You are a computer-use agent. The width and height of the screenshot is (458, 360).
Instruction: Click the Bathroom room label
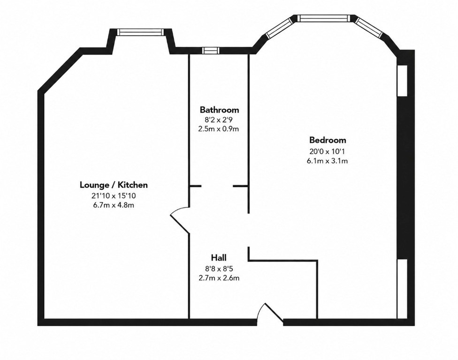click(219, 110)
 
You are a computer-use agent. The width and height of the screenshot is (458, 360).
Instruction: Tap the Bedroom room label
click(328, 140)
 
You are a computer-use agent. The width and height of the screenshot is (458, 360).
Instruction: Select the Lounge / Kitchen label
click(114, 185)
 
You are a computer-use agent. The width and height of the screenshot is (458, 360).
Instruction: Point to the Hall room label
click(219, 258)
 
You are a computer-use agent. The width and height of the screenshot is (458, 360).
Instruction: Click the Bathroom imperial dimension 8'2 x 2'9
click(219, 120)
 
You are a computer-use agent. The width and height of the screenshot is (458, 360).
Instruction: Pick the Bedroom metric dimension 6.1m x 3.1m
click(327, 161)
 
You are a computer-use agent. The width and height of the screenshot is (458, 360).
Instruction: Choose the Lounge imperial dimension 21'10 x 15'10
click(114, 195)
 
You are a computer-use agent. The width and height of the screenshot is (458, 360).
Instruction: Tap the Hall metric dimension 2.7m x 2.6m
click(219, 278)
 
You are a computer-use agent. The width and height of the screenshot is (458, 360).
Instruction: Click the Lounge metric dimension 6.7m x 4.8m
click(114, 205)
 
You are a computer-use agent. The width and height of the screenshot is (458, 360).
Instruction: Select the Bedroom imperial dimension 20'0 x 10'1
click(327, 151)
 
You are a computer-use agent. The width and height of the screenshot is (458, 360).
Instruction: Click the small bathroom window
click(211, 51)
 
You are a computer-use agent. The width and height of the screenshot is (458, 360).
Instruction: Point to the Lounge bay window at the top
click(140, 32)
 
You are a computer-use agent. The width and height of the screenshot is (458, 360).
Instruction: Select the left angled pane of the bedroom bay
click(280, 28)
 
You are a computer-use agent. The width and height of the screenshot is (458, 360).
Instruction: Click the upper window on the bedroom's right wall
click(402, 80)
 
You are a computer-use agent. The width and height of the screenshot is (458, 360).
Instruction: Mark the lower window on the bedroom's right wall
click(402, 289)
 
